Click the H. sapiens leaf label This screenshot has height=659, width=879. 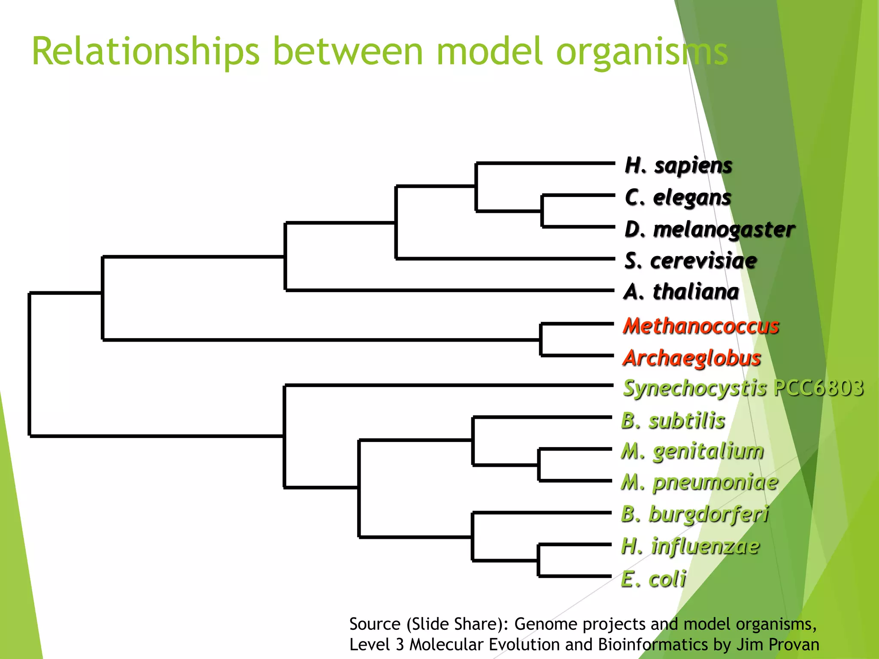(678, 165)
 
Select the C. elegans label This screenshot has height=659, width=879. (678, 197)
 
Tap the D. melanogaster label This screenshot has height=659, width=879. (709, 229)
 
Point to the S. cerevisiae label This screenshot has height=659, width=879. (690, 261)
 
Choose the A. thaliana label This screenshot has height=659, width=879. (681, 292)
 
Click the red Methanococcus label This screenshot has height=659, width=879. (700, 326)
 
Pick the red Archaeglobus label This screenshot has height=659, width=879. (691, 358)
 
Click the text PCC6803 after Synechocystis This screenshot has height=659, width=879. (818, 388)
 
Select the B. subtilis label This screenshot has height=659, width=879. (673, 420)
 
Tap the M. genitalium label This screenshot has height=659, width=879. (692, 451)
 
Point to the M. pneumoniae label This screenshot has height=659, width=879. (699, 482)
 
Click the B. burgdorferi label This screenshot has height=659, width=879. (694, 514)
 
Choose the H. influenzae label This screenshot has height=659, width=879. (690, 546)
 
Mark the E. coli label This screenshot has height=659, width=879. (653, 579)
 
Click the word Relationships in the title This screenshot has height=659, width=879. (145, 51)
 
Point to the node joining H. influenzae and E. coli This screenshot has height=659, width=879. (539, 560)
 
